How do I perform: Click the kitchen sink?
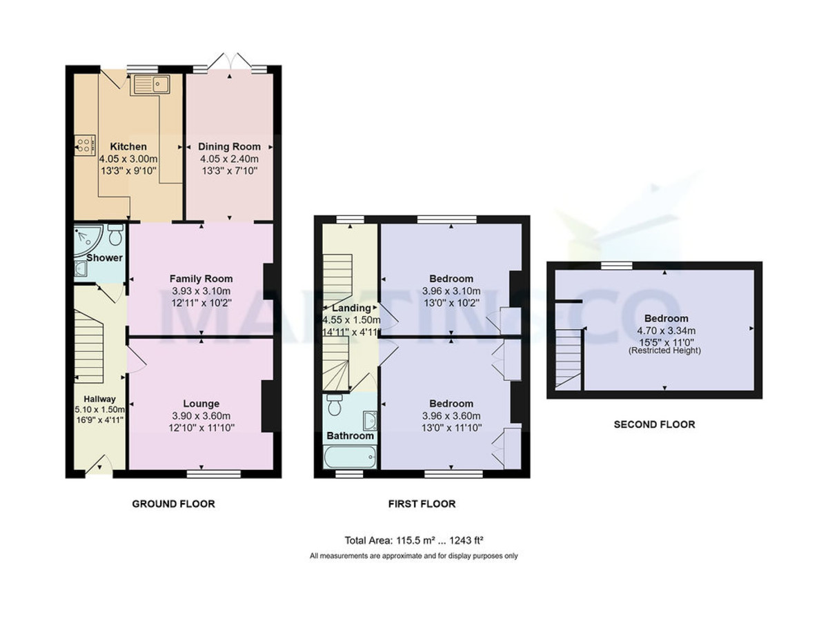(150, 84)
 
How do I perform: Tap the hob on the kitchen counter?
(85, 146)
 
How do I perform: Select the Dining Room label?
(229, 146)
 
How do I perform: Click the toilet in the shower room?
(115, 235)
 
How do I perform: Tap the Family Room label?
(201, 279)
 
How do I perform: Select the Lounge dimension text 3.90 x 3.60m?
(201, 416)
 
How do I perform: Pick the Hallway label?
(99, 399)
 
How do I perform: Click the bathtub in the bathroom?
(350, 457)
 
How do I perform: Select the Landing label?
(351, 308)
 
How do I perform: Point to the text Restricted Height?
(664, 351)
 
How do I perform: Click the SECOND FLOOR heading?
(654, 424)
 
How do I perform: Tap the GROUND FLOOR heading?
(173, 504)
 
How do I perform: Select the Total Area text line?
(417, 540)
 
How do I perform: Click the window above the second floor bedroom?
(616, 265)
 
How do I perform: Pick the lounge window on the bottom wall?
(213, 474)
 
